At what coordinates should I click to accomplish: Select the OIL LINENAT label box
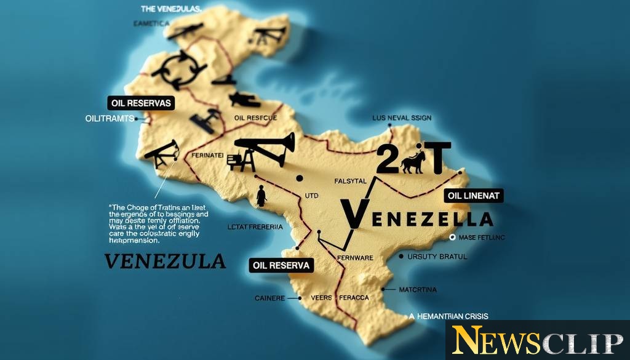coord(474,196)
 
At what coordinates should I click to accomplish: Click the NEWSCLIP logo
coord(537,340)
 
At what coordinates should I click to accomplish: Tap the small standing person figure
coord(261,196)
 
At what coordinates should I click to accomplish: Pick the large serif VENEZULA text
coord(165,261)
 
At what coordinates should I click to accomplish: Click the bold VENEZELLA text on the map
coord(417,218)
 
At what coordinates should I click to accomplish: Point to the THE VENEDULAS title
coord(170,9)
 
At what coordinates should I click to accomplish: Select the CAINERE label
coord(270,298)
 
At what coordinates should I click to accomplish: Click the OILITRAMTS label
coord(109,119)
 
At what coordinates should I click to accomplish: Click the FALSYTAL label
coord(350,181)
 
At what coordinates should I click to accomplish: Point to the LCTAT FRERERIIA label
coord(254,226)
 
